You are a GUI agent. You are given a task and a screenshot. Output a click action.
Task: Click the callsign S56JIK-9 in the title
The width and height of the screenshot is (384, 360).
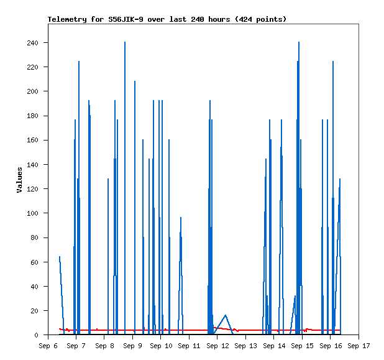tap(126, 19)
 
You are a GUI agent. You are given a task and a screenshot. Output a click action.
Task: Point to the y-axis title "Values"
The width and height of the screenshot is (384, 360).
tap(19, 180)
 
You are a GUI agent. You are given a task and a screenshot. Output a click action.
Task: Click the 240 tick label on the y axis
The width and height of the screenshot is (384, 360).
tap(32, 43)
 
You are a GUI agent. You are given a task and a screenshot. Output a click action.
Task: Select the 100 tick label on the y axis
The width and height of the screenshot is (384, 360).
tap(32, 213)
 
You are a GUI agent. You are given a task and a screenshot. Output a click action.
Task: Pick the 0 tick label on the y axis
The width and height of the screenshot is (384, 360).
tap(36, 335)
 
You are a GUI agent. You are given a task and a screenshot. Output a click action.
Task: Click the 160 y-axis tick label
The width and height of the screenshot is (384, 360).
tap(32, 140)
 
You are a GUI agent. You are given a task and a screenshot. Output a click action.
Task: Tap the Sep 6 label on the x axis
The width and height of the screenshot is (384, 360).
tap(48, 346)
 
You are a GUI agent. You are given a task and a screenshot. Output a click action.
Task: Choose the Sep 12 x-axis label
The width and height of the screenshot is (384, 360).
tap(217, 346)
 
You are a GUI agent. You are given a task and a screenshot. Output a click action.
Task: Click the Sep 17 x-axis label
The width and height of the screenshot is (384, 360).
tap(359, 346)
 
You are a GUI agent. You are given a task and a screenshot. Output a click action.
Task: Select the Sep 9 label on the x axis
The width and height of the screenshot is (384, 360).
tap(132, 346)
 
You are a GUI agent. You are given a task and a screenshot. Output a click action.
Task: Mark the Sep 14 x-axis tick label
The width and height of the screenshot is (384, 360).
tap(274, 346)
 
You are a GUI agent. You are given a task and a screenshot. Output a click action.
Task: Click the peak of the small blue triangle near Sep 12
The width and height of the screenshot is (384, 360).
tap(226, 315)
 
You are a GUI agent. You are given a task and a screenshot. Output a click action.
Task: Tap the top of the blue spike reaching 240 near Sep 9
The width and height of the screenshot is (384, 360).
tap(125, 42)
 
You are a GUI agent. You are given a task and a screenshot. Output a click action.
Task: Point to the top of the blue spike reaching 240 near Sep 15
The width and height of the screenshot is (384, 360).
tap(299, 42)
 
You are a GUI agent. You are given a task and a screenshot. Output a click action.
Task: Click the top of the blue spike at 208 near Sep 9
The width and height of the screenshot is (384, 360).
tap(135, 81)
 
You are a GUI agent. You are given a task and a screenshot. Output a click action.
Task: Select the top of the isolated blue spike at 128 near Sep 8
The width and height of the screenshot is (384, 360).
tap(108, 179)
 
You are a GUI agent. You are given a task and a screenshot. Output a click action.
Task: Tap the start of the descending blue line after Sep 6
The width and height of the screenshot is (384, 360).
tap(60, 257)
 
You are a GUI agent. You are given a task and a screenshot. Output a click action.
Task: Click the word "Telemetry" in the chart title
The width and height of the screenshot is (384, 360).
tap(67, 19)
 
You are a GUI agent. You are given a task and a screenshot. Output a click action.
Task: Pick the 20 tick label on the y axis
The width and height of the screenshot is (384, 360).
tap(34, 311)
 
